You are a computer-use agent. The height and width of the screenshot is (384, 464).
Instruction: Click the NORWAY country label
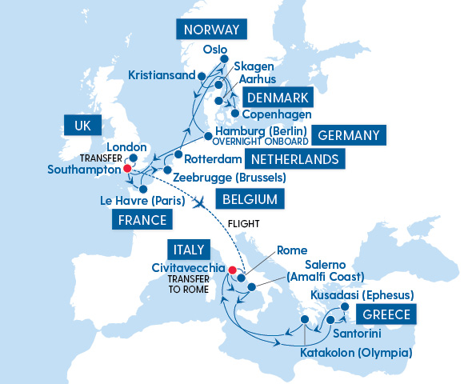coord(211,30)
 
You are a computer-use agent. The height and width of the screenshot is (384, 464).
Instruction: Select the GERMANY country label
coord(348,134)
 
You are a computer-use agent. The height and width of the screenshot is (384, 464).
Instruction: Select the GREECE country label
coord(387,314)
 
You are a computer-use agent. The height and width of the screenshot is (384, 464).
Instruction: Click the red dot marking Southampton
coord(126,170)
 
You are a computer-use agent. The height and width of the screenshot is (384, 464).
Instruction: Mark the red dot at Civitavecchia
coord(233,270)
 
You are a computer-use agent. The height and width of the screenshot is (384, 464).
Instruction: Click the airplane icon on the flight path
coord(199,202)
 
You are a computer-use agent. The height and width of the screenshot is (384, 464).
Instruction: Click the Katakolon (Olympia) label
coord(356,352)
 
